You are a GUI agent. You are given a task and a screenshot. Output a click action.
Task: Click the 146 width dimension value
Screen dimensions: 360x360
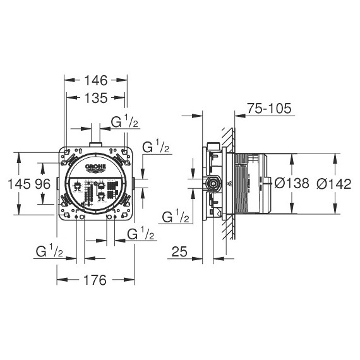(x=97, y=80)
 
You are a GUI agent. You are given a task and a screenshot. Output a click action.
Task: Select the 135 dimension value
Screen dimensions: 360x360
(x=97, y=97)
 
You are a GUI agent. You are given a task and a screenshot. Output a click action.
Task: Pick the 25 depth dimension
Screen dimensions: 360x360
(x=179, y=252)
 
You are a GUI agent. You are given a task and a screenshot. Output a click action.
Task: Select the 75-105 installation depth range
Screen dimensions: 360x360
(x=269, y=109)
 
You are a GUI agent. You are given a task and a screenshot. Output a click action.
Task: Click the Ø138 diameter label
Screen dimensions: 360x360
(x=292, y=184)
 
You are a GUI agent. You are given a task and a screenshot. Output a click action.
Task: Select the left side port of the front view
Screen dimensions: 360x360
(x=58, y=184)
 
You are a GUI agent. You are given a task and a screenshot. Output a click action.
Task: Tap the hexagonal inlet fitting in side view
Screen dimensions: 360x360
(x=214, y=184)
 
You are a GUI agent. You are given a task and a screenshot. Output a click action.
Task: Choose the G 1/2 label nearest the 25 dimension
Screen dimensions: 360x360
(x=176, y=217)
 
